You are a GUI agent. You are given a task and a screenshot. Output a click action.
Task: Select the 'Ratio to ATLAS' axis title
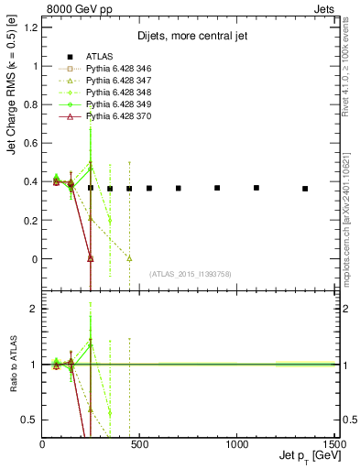13,365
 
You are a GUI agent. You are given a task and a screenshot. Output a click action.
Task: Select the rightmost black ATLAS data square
305,189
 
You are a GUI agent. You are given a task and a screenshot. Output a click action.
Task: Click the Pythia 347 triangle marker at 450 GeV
129,258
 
